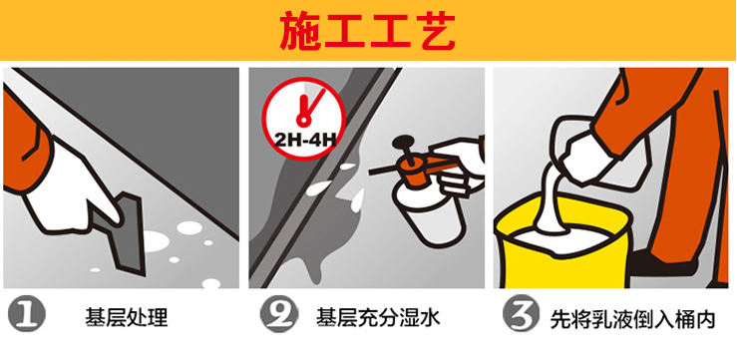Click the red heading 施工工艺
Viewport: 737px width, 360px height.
tap(367, 31)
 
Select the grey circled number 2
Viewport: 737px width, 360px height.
tap(279, 314)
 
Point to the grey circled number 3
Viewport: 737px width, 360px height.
tap(522, 314)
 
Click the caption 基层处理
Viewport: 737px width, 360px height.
tap(127, 317)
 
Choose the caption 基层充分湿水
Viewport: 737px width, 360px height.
tap(378, 317)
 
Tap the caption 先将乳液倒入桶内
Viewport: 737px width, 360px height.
tap(632, 319)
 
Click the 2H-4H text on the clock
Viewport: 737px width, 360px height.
tap(304, 140)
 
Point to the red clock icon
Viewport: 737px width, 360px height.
tap(304, 119)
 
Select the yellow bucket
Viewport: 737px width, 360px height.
tap(561, 243)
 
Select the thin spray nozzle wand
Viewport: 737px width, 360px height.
tap(382, 171)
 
